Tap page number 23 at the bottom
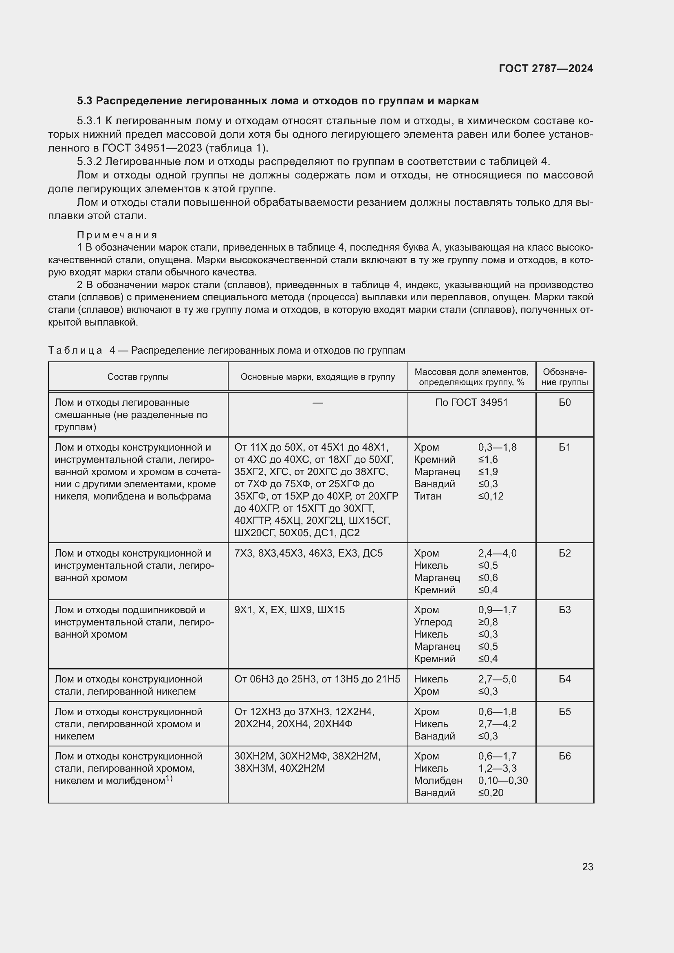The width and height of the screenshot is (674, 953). click(587, 867)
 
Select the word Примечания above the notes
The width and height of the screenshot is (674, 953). click(117, 235)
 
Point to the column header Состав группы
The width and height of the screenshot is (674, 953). click(138, 377)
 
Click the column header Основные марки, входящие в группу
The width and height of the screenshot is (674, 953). click(317, 377)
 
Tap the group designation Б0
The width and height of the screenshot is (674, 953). click(564, 403)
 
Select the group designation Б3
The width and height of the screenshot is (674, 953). click(564, 610)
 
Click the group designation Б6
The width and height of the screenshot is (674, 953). click(564, 756)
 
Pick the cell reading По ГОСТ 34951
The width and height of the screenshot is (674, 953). click(471, 403)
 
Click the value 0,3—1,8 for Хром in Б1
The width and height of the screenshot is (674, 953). click(497, 447)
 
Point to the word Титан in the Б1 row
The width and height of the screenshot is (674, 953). click(427, 496)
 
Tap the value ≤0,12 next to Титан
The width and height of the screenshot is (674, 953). click(491, 496)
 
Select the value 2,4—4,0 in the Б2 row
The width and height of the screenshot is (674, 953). click(497, 553)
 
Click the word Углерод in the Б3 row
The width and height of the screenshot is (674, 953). click(433, 622)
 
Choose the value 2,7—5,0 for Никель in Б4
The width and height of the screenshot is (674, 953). click(497, 679)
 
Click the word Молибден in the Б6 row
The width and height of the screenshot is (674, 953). click(438, 780)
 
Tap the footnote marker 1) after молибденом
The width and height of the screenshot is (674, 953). click(169, 778)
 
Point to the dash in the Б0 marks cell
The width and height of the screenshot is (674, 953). click(317, 403)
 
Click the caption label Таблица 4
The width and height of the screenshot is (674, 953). click(81, 350)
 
